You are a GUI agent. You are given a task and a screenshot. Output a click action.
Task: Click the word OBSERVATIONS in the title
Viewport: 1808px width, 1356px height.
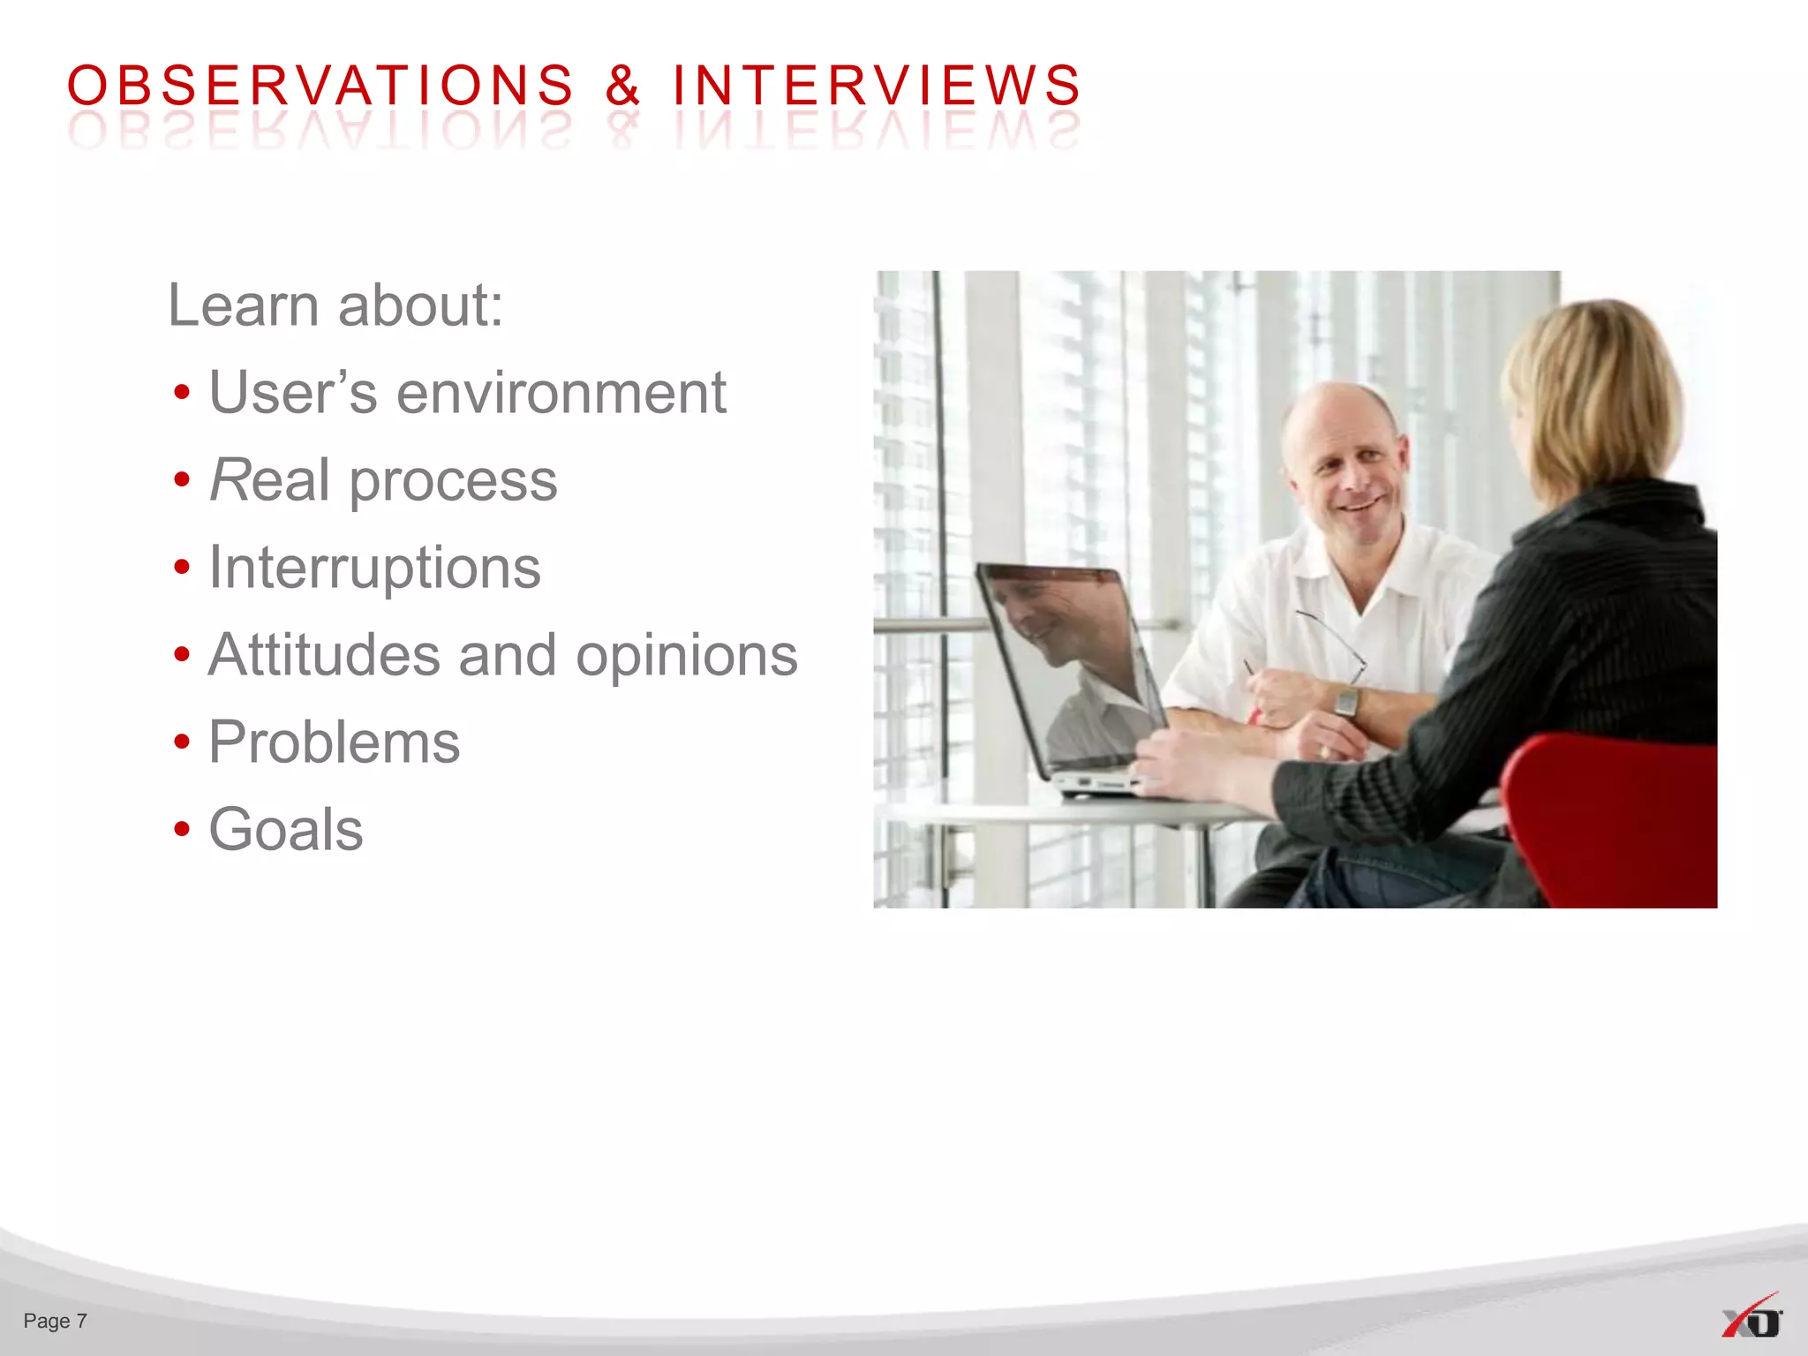(320, 86)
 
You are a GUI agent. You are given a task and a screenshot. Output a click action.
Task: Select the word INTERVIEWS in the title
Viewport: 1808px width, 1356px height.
(877, 86)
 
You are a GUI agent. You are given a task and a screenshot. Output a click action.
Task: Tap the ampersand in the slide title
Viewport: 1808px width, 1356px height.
(622, 86)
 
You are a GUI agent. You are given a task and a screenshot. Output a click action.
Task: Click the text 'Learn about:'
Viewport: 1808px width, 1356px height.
(335, 305)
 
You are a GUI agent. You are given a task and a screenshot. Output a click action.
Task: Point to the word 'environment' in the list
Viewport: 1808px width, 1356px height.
(561, 393)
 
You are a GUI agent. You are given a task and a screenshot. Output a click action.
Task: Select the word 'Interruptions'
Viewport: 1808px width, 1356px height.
(374, 568)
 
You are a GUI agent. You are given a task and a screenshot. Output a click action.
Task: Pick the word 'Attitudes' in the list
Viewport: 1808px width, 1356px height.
(324, 655)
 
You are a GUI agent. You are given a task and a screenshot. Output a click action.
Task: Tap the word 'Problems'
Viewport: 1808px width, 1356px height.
(334, 742)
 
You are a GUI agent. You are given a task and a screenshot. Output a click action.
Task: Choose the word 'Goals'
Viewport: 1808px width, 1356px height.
(285, 830)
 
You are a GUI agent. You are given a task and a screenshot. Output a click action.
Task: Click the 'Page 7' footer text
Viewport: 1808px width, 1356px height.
(55, 1321)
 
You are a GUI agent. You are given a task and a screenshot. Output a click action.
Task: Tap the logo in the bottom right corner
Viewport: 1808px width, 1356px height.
(1751, 1317)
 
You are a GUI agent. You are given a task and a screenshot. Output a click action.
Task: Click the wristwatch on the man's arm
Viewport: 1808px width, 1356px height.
(1346, 702)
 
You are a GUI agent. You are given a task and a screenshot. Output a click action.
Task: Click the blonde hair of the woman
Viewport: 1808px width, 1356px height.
(1598, 388)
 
